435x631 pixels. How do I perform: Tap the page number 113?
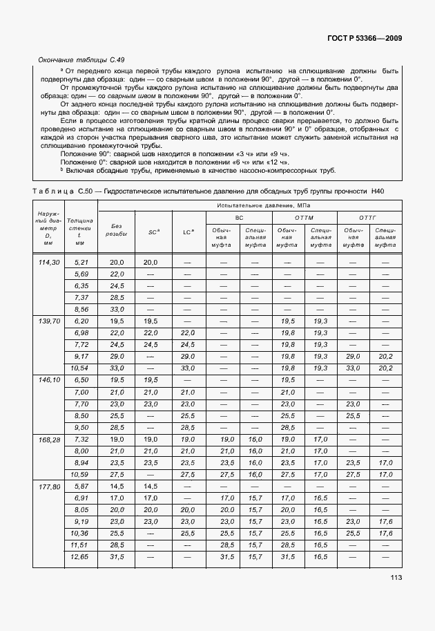(395, 577)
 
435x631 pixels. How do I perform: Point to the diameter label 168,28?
(50, 439)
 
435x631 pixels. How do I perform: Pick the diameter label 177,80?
(50, 487)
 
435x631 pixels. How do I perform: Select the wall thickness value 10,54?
(81, 368)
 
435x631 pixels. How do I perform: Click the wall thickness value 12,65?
(81, 557)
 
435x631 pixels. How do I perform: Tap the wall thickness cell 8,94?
(81, 462)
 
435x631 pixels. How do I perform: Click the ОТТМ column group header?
(304, 217)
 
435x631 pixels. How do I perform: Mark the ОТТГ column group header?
(369, 217)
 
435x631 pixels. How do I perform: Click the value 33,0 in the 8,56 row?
(117, 309)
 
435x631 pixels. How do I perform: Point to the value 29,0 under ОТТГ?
(353, 356)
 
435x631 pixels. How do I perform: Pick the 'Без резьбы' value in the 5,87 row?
(117, 487)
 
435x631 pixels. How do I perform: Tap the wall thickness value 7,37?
(81, 297)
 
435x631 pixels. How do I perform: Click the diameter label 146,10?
(50, 380)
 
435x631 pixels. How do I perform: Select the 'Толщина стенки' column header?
(80, 232)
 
